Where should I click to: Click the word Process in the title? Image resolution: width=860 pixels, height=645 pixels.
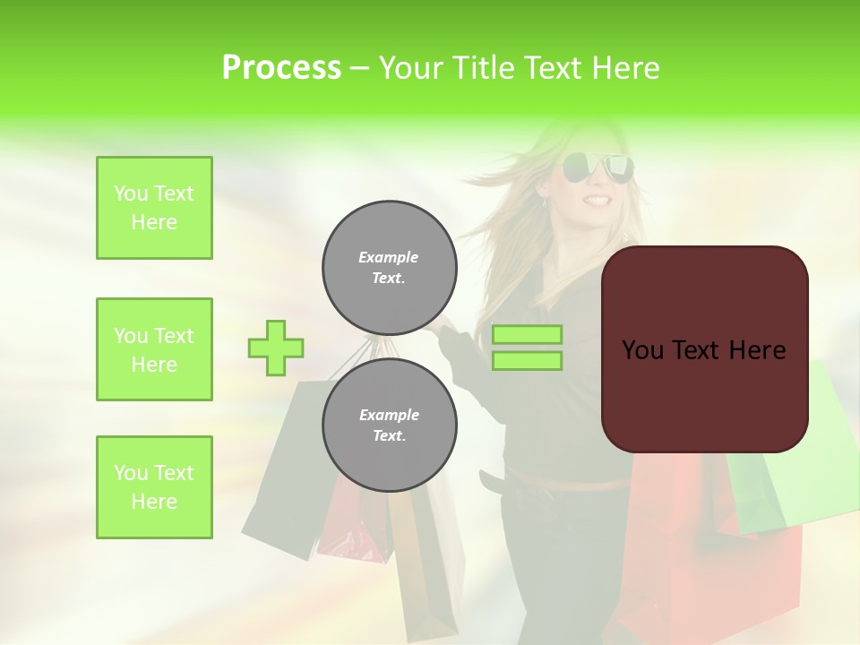(281, 68)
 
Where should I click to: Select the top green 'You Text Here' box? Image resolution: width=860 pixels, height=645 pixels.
(154, 208)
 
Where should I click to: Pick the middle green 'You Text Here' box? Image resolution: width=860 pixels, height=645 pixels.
(154, 349)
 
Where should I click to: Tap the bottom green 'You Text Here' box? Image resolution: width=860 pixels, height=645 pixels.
(154, 487)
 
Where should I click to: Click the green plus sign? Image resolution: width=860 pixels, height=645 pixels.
(276, 348)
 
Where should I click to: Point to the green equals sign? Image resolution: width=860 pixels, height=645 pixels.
(527, 348)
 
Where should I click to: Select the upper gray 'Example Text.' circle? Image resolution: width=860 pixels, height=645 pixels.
(389, 267)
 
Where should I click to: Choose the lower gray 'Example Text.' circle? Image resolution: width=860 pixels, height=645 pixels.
(389, 425)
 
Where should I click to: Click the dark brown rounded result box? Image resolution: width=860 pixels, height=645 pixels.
(704, 349)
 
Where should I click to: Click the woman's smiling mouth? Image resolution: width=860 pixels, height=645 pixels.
(598, 200)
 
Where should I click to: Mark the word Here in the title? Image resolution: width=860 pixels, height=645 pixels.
(623, 68)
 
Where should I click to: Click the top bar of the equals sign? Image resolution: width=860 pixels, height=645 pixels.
(527, 335)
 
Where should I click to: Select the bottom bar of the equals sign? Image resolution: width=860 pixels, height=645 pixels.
(527, 361)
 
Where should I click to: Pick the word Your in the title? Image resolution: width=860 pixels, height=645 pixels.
(412, 68)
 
